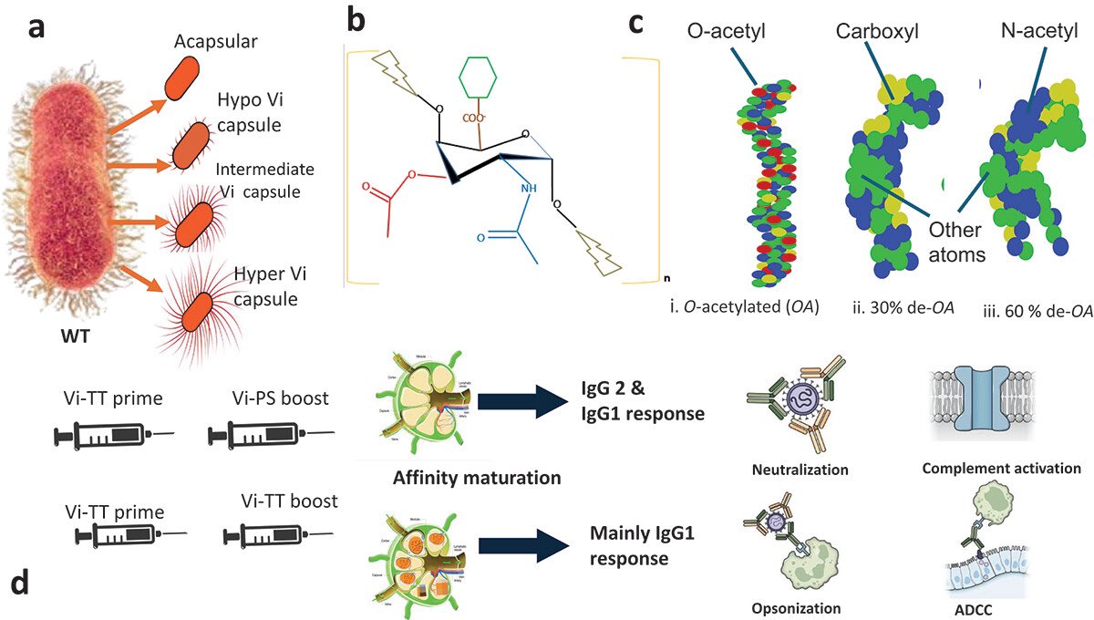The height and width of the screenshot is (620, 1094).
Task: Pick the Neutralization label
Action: pyautogui.click(x=800, y=470)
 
